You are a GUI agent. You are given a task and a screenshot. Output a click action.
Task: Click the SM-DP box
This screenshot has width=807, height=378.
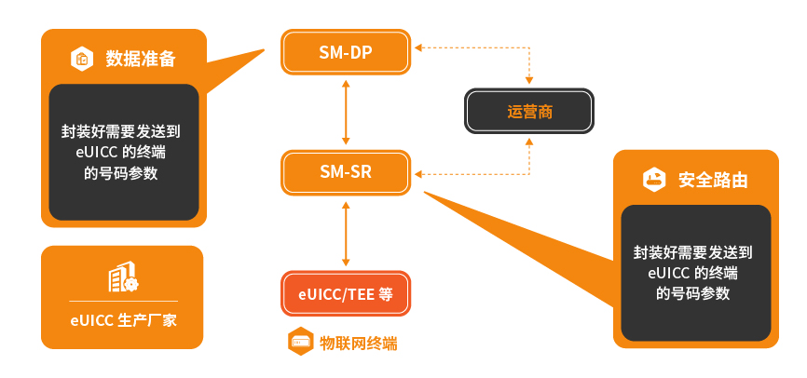346,52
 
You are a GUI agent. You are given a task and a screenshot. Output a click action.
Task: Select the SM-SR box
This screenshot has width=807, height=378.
346,172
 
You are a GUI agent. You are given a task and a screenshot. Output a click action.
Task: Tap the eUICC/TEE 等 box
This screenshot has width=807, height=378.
346,293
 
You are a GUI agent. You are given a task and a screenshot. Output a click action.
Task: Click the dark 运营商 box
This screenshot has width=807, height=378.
529,111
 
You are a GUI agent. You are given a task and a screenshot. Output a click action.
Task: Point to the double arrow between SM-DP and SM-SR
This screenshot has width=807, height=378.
346,113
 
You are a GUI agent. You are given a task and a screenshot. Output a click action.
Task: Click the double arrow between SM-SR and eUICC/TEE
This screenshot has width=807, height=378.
346,234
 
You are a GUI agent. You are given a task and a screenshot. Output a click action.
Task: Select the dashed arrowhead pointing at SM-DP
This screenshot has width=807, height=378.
418,47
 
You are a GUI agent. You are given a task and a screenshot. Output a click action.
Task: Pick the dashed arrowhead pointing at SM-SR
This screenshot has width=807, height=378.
418,174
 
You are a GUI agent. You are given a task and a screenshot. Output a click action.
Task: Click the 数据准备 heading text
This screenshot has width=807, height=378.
141,59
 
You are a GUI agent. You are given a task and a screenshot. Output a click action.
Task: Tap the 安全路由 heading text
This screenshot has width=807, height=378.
713,180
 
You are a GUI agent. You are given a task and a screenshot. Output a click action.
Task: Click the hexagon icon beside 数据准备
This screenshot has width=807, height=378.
82,59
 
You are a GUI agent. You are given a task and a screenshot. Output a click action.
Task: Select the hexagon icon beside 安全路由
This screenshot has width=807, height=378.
654,180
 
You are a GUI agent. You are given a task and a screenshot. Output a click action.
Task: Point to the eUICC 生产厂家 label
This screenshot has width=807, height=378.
124,321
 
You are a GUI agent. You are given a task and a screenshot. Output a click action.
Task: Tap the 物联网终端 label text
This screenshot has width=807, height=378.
358,343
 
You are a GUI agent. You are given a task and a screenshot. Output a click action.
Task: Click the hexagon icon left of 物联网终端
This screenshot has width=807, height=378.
301,342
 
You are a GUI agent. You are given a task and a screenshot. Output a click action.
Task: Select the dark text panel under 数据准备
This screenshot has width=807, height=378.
124,153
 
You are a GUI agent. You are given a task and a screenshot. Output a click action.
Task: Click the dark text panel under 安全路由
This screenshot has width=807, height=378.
696,273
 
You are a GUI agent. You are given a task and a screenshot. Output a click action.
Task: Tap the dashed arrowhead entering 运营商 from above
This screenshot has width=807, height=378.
529,80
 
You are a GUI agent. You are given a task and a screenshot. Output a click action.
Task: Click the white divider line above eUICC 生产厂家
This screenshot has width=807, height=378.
124,301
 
